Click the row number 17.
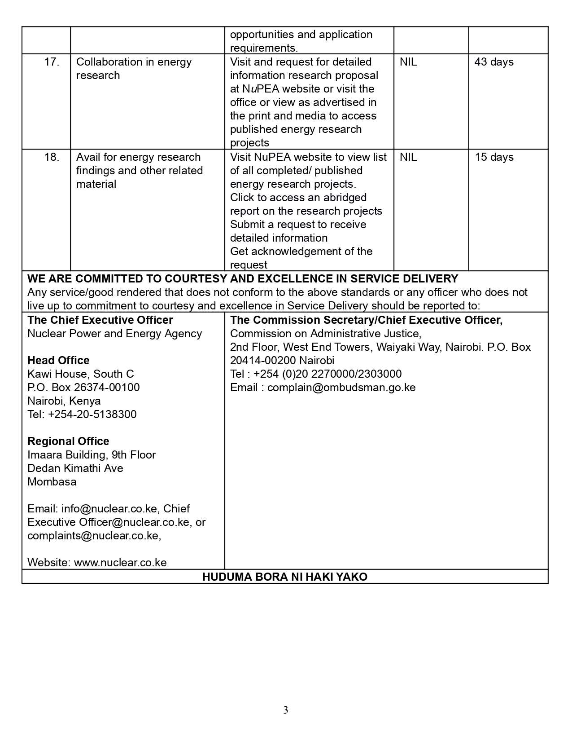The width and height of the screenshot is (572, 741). (52, 62)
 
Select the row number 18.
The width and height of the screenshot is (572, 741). (52, 157)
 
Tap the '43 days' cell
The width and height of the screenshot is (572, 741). (494, 62)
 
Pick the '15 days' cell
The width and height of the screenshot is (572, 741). (494, 157)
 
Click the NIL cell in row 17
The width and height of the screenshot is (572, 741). (408, 62)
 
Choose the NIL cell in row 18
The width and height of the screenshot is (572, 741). (408, 157)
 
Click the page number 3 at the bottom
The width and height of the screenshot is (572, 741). (286, 710)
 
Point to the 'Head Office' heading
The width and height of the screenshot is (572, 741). (58, 361)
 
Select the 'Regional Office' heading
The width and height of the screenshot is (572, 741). (68, 441)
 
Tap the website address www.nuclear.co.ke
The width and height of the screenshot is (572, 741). (120, 563)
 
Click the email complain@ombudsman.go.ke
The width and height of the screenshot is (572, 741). (341, 388)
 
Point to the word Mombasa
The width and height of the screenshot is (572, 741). (52, 482)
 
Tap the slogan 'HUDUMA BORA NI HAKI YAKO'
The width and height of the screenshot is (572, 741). (285, 577)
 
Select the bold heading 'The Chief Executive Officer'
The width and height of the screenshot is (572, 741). (100, 320)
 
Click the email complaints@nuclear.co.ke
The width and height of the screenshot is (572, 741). (93, 536)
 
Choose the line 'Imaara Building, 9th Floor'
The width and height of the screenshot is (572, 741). (92, 455)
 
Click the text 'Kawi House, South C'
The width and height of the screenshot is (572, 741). (81, 374)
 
